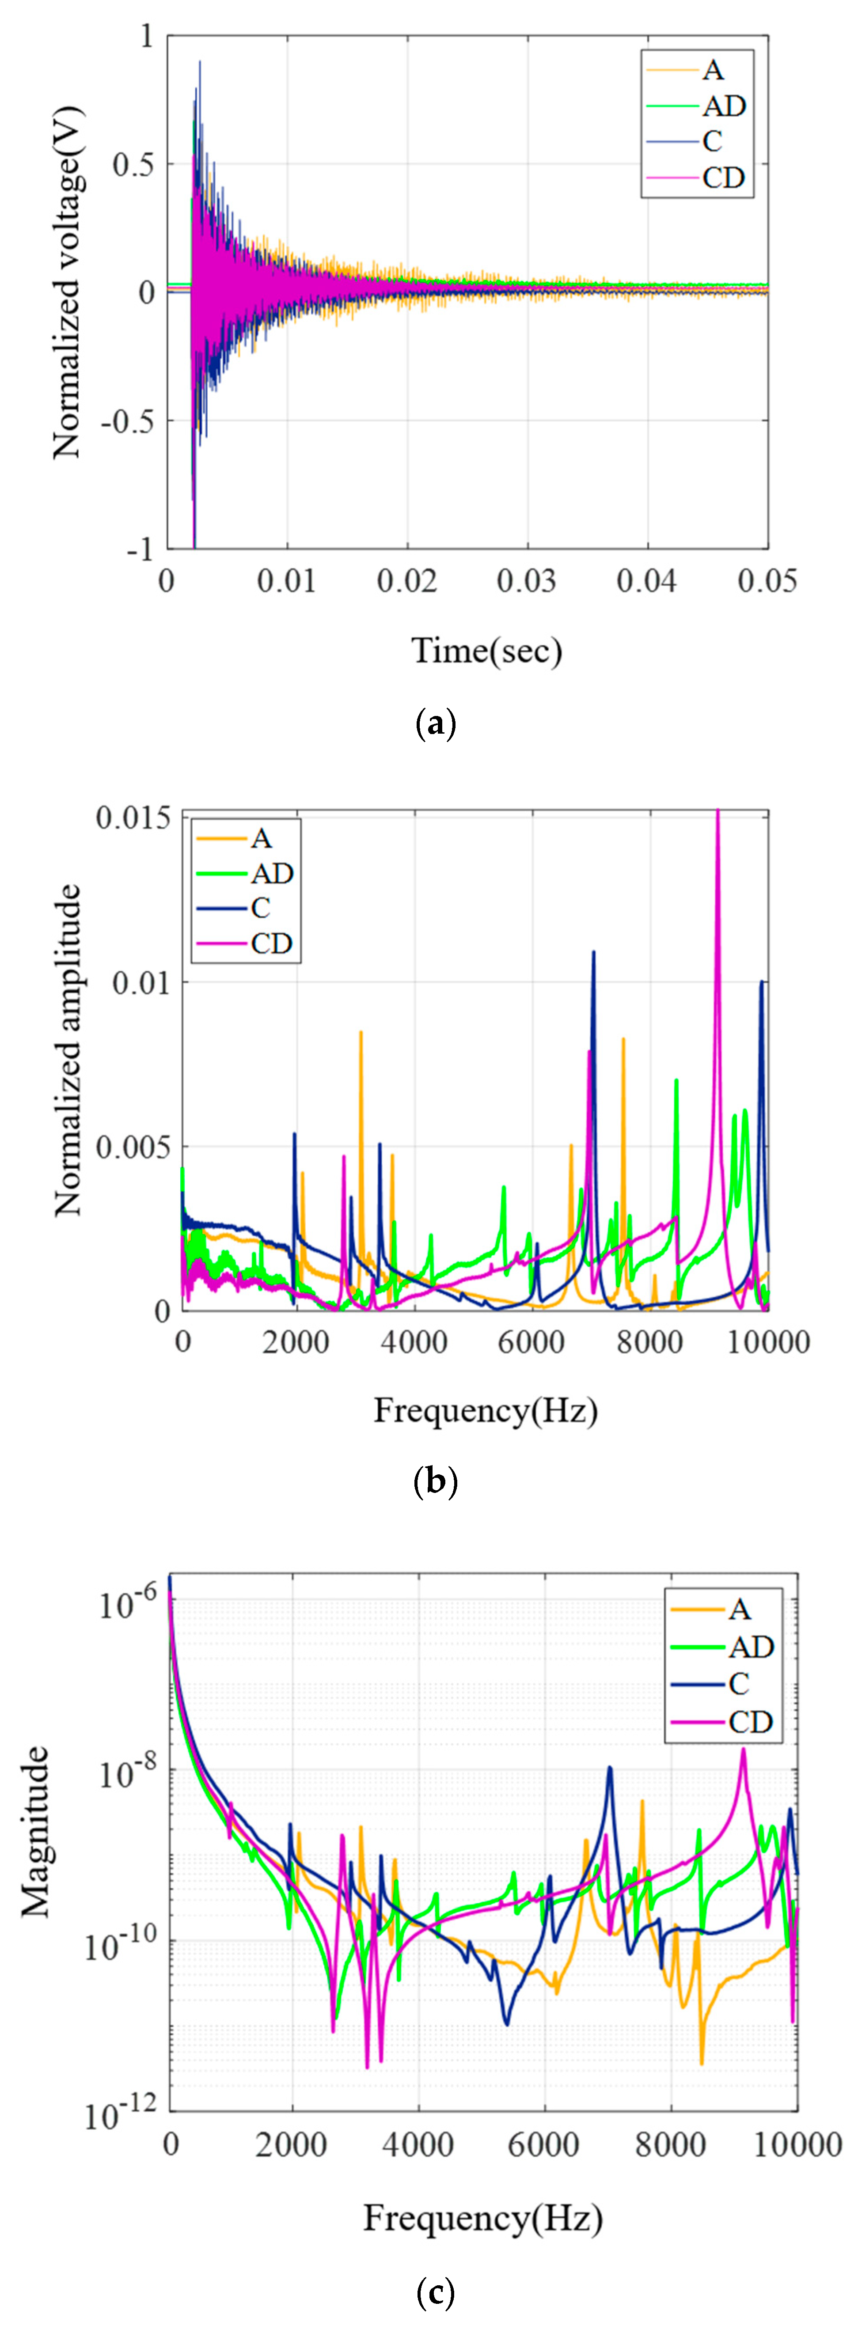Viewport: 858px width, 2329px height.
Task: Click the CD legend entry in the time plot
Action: pos(722,178)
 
